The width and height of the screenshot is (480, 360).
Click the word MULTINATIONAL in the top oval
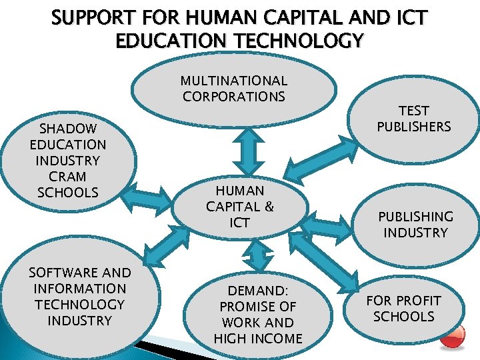233,81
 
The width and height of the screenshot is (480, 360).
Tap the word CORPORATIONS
233,97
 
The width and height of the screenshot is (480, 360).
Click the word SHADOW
67,129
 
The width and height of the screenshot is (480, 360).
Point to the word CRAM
67,177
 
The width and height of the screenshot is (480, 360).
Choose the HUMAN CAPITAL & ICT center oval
239,207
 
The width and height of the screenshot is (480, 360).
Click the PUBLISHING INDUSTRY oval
415,225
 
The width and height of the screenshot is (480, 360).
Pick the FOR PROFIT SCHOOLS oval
403,309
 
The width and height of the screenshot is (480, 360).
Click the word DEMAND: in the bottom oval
258,291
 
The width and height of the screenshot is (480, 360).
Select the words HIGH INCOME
258,339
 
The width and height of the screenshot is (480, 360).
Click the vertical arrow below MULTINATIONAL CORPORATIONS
252,153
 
